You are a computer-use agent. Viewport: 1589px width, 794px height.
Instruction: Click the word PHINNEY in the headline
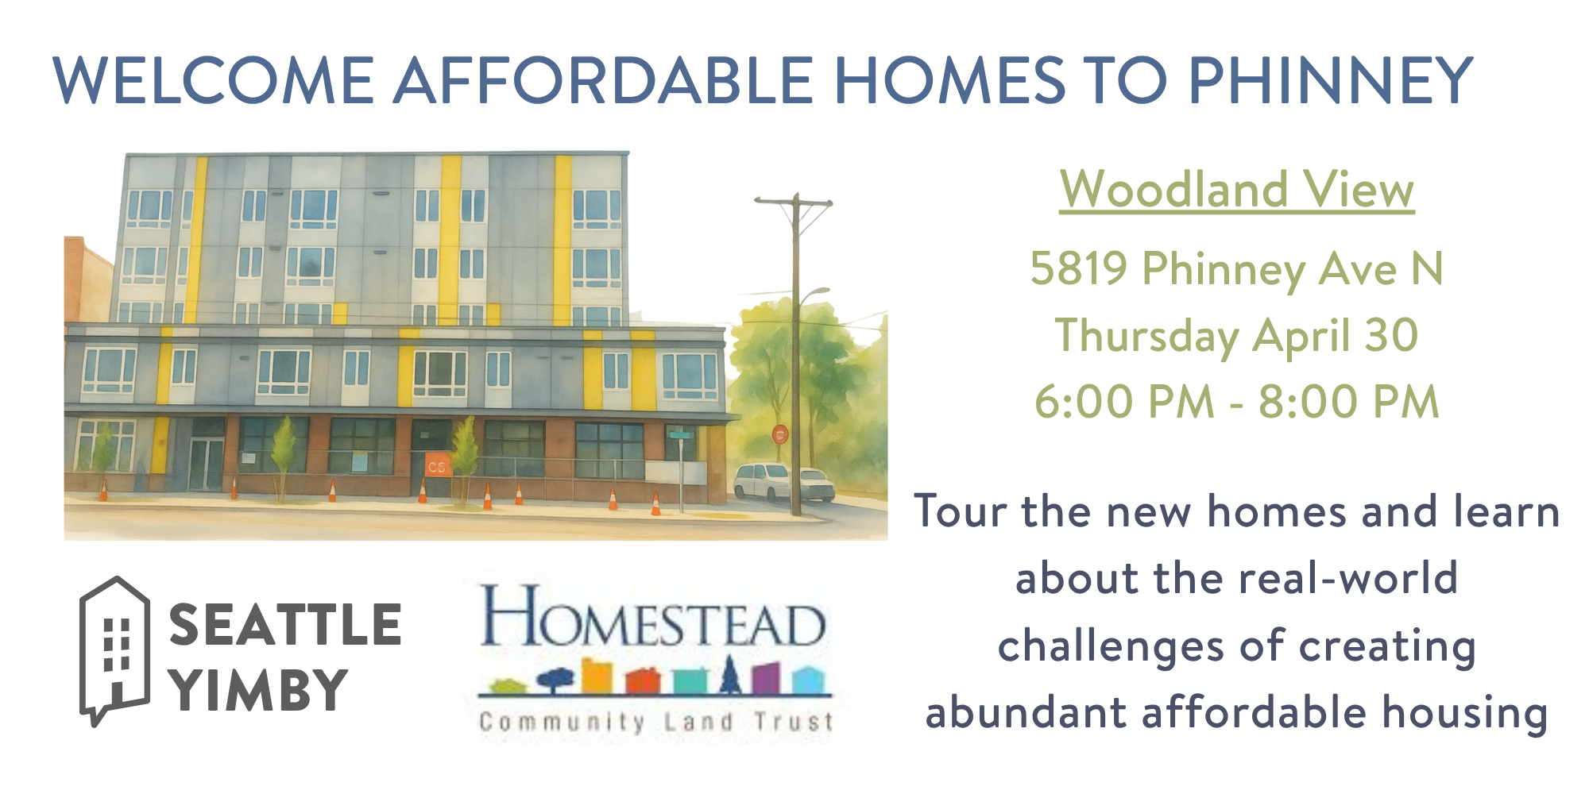click(1331, 80)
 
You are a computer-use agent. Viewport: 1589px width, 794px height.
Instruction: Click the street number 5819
click(1079, 268)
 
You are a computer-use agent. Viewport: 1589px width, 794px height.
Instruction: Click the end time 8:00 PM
click(1349, 402)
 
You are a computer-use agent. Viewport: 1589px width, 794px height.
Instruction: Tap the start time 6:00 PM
click(1125, 402)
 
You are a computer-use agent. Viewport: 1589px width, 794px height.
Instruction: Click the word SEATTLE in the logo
click(285, 624)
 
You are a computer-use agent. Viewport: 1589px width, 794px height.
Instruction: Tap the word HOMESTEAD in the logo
click(653, 617)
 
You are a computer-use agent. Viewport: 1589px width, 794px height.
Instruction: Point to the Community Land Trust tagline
click(656, 722)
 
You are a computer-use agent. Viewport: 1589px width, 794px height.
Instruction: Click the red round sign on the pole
click(780, 434)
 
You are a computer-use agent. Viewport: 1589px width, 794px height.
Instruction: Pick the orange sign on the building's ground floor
click(438, 465)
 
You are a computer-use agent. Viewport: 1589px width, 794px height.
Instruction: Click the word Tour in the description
click(961, 511)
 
